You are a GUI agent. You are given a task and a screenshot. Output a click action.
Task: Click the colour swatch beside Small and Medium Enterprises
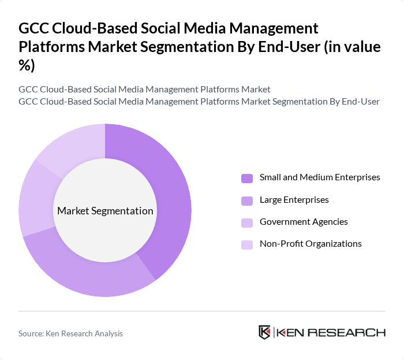tap(247, 178)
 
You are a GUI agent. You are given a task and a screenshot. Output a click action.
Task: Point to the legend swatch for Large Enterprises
tap(247, 201)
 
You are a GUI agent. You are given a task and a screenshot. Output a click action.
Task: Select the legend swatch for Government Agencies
tap(247, 222)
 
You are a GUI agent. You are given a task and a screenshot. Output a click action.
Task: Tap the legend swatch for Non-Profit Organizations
tap(247, 244)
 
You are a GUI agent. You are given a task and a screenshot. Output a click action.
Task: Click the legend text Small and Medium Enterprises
tap(320, 177)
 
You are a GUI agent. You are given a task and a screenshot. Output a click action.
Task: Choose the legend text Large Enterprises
tap(294, 200)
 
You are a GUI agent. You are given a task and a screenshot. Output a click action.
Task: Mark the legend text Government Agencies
tap(304, 222)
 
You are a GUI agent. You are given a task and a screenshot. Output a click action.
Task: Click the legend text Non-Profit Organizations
tap(311, 244)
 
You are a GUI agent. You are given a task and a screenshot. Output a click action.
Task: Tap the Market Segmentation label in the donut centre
tap(105, 211)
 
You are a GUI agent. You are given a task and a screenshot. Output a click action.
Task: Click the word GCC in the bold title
tap(34, 28)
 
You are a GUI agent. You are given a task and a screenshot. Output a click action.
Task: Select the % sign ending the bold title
tap(27, 65)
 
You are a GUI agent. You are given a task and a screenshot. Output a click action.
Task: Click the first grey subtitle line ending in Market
tap(144, 89)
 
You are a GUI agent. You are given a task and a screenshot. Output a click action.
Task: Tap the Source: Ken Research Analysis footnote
tap(70, 333)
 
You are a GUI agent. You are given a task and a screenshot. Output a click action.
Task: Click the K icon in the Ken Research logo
tap(265, 332)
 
